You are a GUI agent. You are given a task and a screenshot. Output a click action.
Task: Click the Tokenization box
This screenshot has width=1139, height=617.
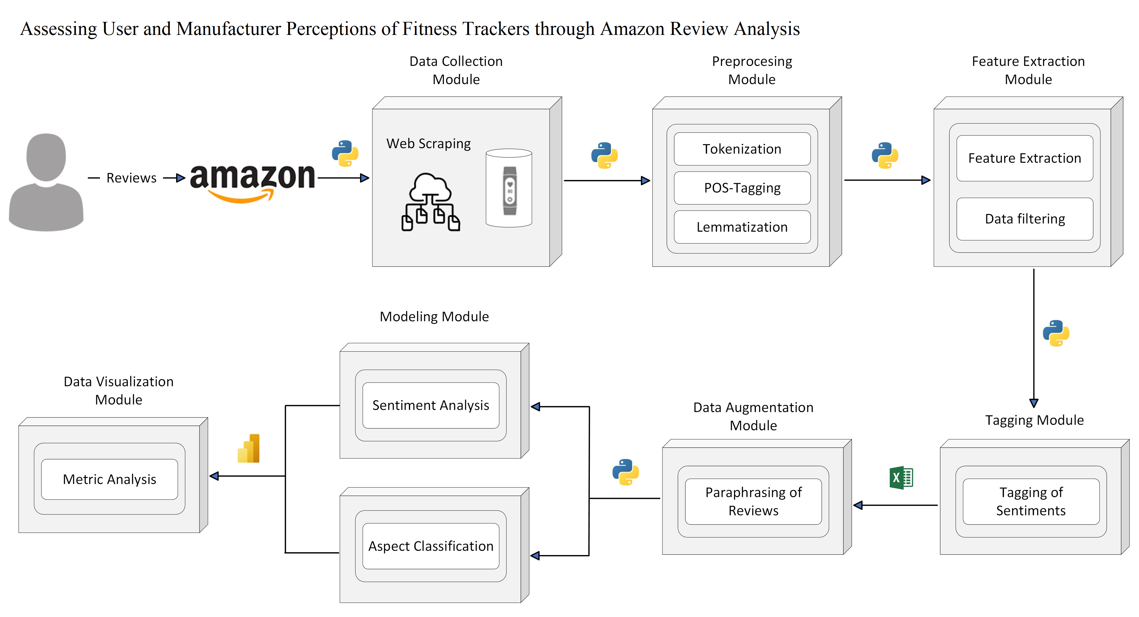click(742, 149)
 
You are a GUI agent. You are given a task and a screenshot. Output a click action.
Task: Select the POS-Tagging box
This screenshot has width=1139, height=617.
click(742, 188)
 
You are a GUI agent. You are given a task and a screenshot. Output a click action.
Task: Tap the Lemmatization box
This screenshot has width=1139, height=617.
click(742, 227)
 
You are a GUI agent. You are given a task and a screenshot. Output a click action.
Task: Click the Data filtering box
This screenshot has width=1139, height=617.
click(1025, 219)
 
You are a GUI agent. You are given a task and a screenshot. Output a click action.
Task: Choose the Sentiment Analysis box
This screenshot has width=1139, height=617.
click(431, 405)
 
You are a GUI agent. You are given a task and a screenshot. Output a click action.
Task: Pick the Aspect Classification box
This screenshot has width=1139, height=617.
click(431, 546)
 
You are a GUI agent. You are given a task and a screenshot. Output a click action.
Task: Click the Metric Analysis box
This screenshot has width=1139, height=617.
click(109, 479)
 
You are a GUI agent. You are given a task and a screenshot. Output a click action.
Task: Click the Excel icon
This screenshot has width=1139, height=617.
click(901, 478)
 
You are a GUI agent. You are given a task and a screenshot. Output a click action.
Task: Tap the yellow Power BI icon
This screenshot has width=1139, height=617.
click(249, 448)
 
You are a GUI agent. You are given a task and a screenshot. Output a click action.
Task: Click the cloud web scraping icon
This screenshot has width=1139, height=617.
click(430, 202)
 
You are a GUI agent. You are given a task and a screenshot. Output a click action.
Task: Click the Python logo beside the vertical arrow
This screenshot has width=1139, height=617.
click(1056, 333)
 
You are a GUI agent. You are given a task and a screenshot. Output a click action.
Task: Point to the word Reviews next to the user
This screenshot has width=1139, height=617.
click(131, 178)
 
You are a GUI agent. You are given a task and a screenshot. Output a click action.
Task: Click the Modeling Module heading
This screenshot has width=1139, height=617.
click(434, 317)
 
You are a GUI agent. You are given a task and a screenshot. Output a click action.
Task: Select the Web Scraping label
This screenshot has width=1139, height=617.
click(428, 144)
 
